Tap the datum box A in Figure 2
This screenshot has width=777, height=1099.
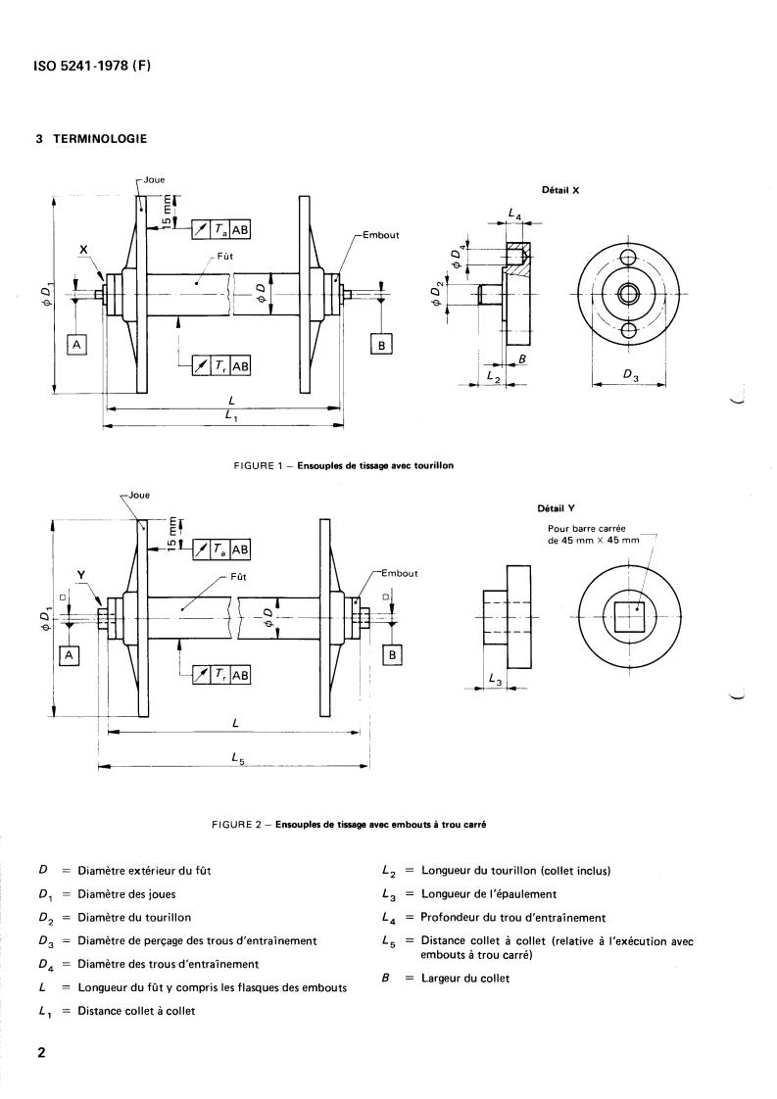click(69, 656)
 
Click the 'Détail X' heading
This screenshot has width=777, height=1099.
click(560, 190)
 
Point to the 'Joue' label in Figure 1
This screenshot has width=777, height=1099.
click(154, 180)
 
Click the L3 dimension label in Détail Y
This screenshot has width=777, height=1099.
click(497, 679)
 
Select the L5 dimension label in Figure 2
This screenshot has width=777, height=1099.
click(239, 757)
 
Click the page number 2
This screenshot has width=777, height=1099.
click(41, 1054)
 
